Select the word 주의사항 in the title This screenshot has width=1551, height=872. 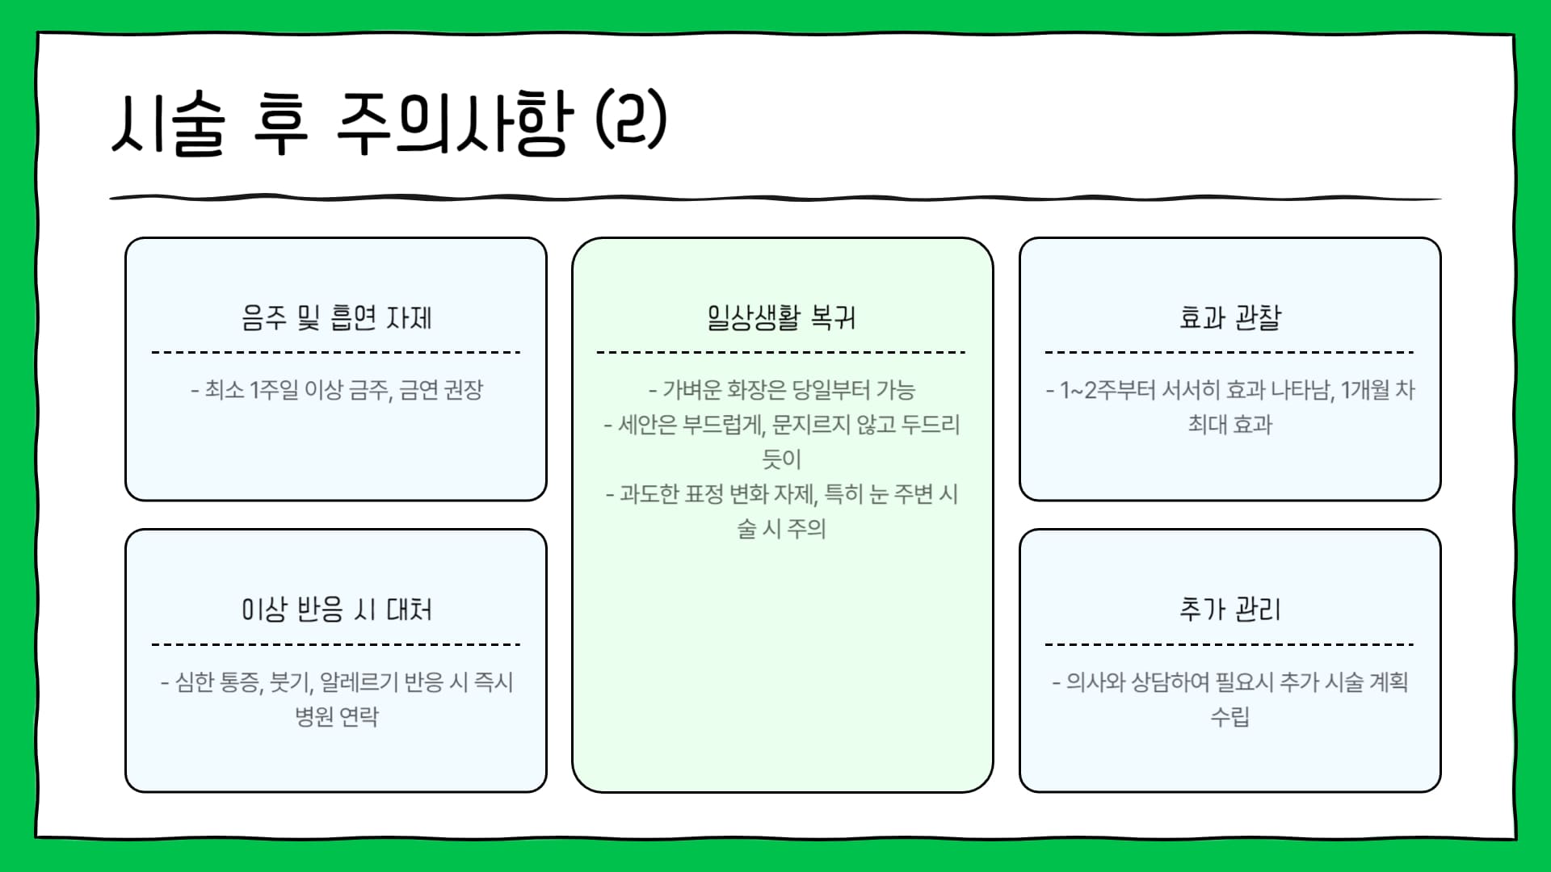tap(453, 123)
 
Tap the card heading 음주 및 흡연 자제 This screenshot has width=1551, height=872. tap(336, 317)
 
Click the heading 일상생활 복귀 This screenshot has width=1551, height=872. tap(781, 317)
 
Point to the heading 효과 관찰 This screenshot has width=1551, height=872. tap(1229, 317)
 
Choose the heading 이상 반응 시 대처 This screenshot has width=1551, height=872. tap(336, 609)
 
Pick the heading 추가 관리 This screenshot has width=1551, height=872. tap(1229, 609)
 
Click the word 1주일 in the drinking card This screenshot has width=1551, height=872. tap(274, 390)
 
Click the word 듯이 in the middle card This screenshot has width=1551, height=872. tap(781, 459)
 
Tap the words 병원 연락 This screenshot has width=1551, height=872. tap(336, 716)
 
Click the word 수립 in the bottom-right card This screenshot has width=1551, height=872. tap(1229, 716)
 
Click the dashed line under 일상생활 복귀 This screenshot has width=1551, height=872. tap(781, 352)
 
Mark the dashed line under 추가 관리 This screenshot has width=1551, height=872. tap(1229, 644)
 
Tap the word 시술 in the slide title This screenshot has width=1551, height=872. tap(168, 123)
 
